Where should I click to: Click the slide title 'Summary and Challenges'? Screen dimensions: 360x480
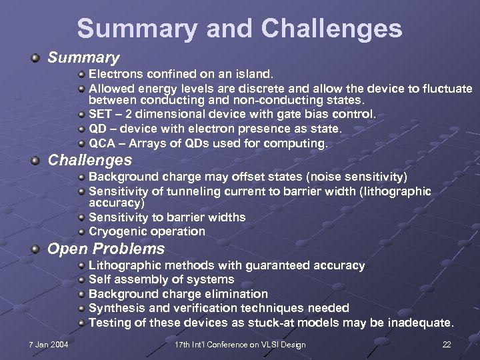(x=239, y=29)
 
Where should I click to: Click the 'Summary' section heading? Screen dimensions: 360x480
(x=83, y=58)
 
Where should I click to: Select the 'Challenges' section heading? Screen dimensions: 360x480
(x=89, y=161)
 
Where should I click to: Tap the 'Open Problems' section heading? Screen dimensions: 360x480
(x=105, y=249)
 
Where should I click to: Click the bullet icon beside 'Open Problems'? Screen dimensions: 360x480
(x=35, y=249)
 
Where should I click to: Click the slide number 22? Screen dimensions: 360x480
(x=447, y=345)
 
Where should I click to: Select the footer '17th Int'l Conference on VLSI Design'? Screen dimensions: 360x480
(x=240, y=345)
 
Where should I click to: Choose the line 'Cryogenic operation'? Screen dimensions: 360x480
(x=147, y=231)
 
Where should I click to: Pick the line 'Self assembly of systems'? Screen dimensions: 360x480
(x=161, y=279)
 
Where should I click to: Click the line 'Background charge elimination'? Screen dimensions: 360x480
(x=178, y=294)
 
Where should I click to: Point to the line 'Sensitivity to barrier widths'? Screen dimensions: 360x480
(x=167, y=217)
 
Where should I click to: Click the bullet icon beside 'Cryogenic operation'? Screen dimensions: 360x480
(x=81, y=232)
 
